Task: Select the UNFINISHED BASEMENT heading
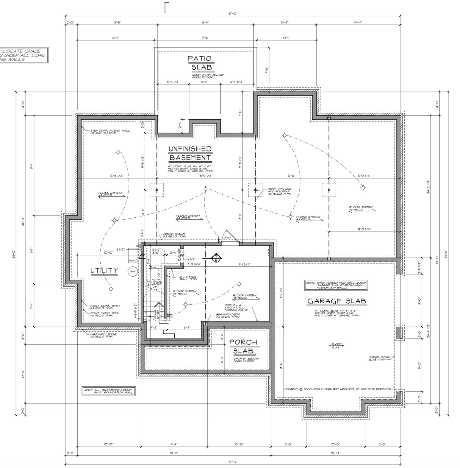click(x=190, y=153)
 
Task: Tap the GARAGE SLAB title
click(x=337, y=301)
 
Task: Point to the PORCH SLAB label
click(x=243, y=347)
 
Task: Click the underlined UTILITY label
click(x=104, y=270)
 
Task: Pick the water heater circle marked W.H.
click(x=132, y=272)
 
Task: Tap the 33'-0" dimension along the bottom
click(x=174, y=453)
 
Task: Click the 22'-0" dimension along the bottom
click(x=335, y=453)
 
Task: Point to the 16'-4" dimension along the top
click(x=205, y=22)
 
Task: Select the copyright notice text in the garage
click(x=337, y=389)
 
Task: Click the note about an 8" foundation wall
click(x=109, y=391)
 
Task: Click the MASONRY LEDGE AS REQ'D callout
click(x=103, y=336)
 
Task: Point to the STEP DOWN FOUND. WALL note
click(x=110, y=132)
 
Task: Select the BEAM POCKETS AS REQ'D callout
click(x=228, y=315)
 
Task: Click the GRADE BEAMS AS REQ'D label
click(x=174, y=235)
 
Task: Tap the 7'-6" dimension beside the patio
click(x=267, y=70)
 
